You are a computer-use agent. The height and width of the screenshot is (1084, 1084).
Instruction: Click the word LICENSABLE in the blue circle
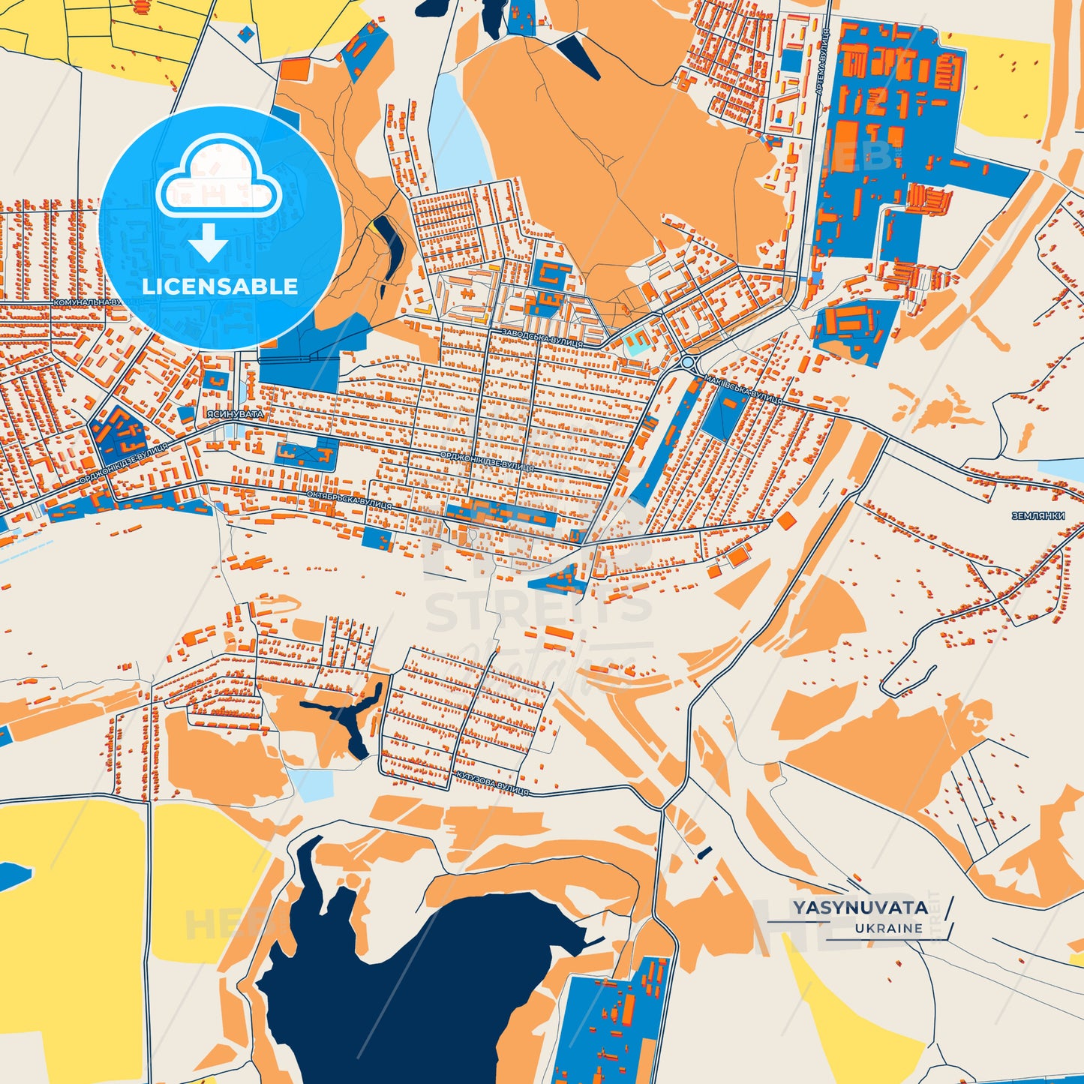220,287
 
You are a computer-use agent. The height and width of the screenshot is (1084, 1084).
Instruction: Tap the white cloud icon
218,179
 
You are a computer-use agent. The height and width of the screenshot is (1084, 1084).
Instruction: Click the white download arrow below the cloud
209,242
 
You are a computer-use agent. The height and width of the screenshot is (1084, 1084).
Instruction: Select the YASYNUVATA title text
860,908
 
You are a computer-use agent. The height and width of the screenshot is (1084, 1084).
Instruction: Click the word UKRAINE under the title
888,928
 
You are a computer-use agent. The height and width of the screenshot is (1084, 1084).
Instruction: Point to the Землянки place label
1038,516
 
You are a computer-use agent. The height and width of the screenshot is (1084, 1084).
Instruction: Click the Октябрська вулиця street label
349,500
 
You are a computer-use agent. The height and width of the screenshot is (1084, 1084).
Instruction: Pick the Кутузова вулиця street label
491,782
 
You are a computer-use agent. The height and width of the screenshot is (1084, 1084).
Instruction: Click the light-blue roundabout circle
688,363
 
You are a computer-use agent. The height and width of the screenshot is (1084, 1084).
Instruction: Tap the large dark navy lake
405,990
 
